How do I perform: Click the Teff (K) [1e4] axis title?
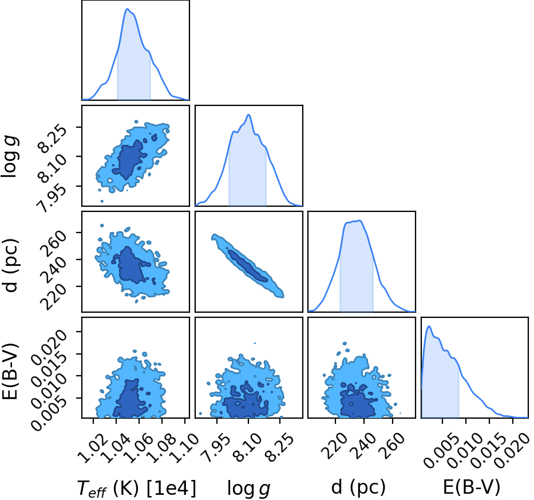tap(137, 488)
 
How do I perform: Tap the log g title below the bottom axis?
tap(248, 489)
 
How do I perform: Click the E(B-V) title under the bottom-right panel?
tap(472, 487)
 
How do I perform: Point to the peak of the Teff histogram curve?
tap(128, 9)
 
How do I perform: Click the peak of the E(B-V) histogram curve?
tap(429, 326)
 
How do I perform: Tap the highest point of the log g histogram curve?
tap(248, 115)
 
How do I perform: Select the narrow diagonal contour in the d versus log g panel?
tap(248, 266)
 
